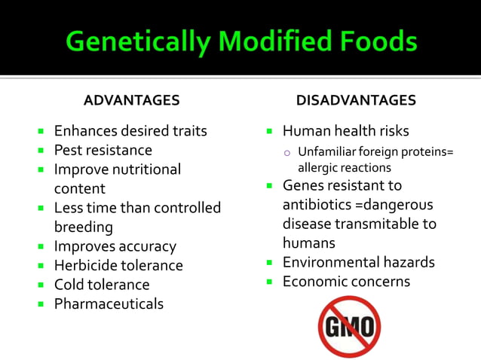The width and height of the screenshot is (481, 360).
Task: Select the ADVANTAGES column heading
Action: tap(131, 100)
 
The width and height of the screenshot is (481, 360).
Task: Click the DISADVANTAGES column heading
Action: tap(356, 100)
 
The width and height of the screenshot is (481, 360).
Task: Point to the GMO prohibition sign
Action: tap(349, 326)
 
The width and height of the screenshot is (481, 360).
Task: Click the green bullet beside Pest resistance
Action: tap(42, 150)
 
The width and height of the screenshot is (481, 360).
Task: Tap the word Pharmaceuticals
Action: tap(109, 304)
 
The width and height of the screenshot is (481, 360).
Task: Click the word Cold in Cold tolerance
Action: tap(69, 285)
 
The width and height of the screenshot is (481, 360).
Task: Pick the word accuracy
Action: tap(148, 246)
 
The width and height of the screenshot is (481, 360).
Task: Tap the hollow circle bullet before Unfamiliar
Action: tap(287, 152)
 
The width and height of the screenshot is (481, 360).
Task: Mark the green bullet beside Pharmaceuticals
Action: tap(42, 304)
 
